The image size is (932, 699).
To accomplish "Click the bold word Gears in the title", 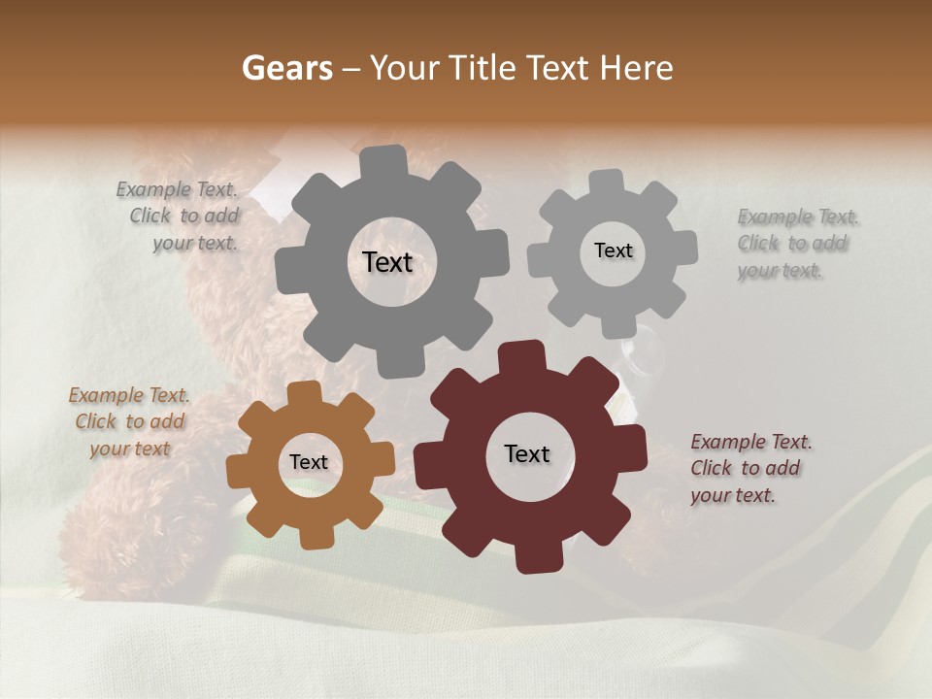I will [x=286, y=68].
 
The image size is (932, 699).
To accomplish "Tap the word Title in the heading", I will [x=483, y=68].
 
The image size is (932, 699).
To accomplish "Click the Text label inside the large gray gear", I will [x=387, y=262].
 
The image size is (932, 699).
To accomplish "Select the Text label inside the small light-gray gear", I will [x=613, y=250].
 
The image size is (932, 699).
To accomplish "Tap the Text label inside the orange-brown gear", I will [x=309, y=463].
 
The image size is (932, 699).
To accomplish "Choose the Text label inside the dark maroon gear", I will [x=527, y=454].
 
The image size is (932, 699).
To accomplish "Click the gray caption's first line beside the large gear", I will [x=177, y=189].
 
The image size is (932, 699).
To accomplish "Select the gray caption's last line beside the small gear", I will [x=780, y=271].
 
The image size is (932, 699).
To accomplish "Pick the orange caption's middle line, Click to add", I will [x=129, y=422].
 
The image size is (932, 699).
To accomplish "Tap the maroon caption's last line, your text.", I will [x=733, y=495].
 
